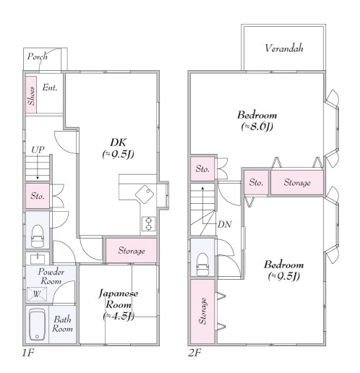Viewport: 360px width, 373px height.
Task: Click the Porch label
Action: pos(37,56)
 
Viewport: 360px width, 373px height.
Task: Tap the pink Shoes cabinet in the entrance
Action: pos(31,95)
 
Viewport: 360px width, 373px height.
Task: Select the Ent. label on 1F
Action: pos(50,87)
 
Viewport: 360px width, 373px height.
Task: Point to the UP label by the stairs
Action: pos(38,150)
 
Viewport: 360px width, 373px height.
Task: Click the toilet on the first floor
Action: pos(38,236)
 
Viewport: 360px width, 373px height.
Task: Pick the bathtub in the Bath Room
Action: pos(37,325)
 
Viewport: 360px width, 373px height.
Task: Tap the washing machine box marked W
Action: pos(37,294)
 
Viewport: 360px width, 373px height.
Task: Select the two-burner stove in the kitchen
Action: pos(149,224)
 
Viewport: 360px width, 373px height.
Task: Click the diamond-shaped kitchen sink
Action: pos(145,194)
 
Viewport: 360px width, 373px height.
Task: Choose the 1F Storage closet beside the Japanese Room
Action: pos(131,251)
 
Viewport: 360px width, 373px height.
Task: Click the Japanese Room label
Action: pos(119,304)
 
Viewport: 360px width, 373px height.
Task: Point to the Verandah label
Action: pos(284,48)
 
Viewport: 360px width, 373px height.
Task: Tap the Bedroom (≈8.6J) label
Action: pos(257,121)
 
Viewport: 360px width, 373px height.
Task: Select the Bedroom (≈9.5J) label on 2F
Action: pos(284,270)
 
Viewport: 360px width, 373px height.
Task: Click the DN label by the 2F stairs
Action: pos(225,225)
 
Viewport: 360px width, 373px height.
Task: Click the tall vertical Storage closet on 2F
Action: pos(202,311)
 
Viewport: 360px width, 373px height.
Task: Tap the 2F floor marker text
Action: pos(194,353)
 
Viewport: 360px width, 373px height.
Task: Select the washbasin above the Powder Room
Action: pos(38,259)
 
